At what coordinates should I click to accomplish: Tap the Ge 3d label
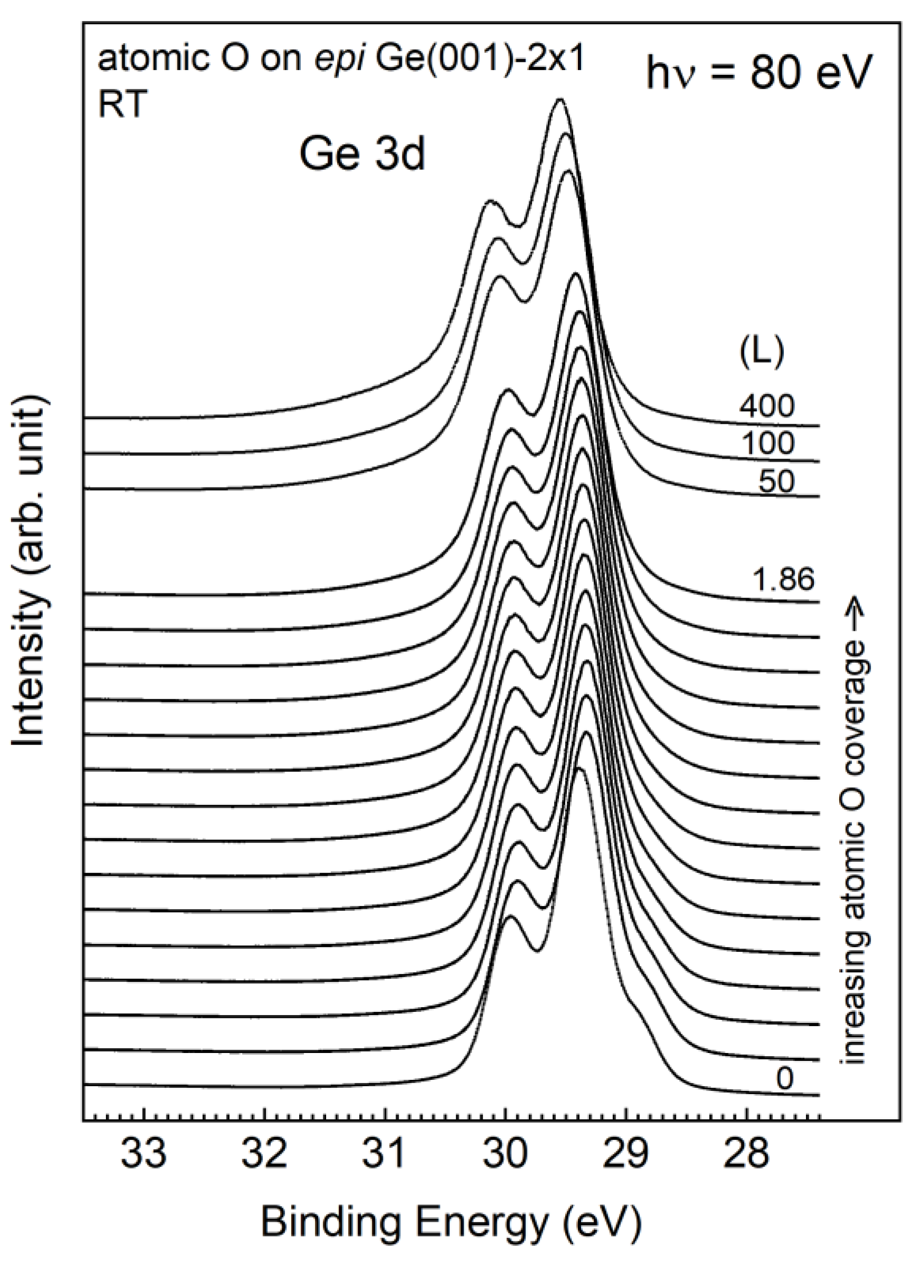(x=362, y=155)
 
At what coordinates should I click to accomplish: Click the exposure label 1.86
(x=783, y=580)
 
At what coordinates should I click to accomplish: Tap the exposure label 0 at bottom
(x=784, y=1079)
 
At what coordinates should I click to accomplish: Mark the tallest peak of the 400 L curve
(x=559, y=100)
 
